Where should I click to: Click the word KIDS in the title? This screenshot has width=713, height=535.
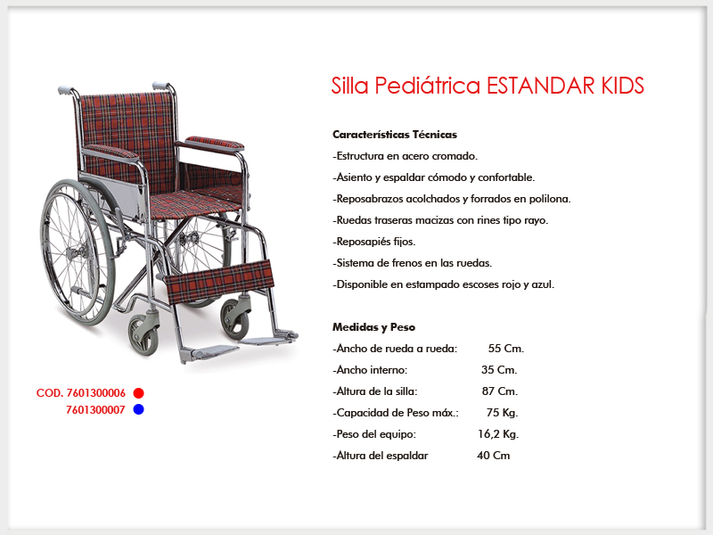coord(622,86)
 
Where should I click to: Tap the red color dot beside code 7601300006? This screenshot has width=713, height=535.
coord(139,393)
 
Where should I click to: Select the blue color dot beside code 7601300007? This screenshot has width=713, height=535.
coord(139,409)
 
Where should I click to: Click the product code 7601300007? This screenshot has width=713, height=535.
coord(95,410)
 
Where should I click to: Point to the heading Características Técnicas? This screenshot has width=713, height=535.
coord(395,135)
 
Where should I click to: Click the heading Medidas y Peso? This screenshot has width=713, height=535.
coord(373,327)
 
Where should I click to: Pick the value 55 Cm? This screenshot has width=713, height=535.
coord(506,349)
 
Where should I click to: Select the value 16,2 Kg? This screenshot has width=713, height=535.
coord(498,434)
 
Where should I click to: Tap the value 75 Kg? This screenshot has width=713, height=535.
coord(502,413)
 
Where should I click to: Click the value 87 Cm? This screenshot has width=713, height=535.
coord(500,391)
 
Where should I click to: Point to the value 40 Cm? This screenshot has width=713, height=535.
coord(494,456)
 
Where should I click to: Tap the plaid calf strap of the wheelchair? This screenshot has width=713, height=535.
coord(219,281)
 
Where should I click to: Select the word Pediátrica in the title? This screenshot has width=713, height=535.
coord(428,86)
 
